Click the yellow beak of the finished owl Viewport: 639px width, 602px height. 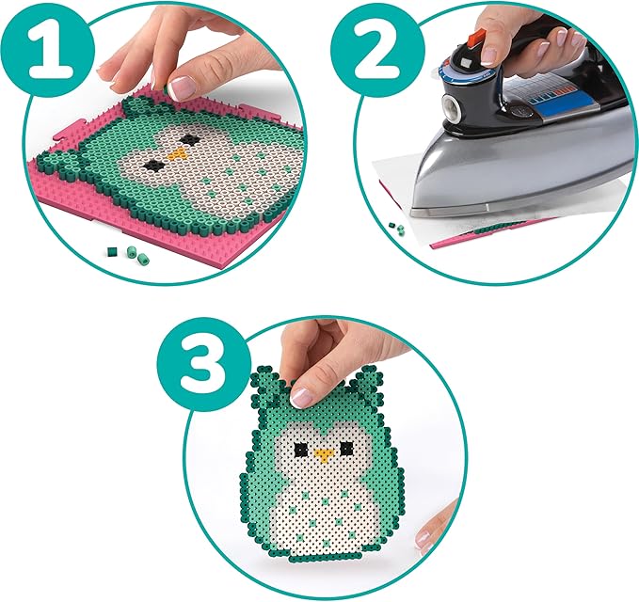pyautogui.click(x=324, y=456)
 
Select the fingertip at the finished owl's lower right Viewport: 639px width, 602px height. pyautogui.click(x=429, y=532)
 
